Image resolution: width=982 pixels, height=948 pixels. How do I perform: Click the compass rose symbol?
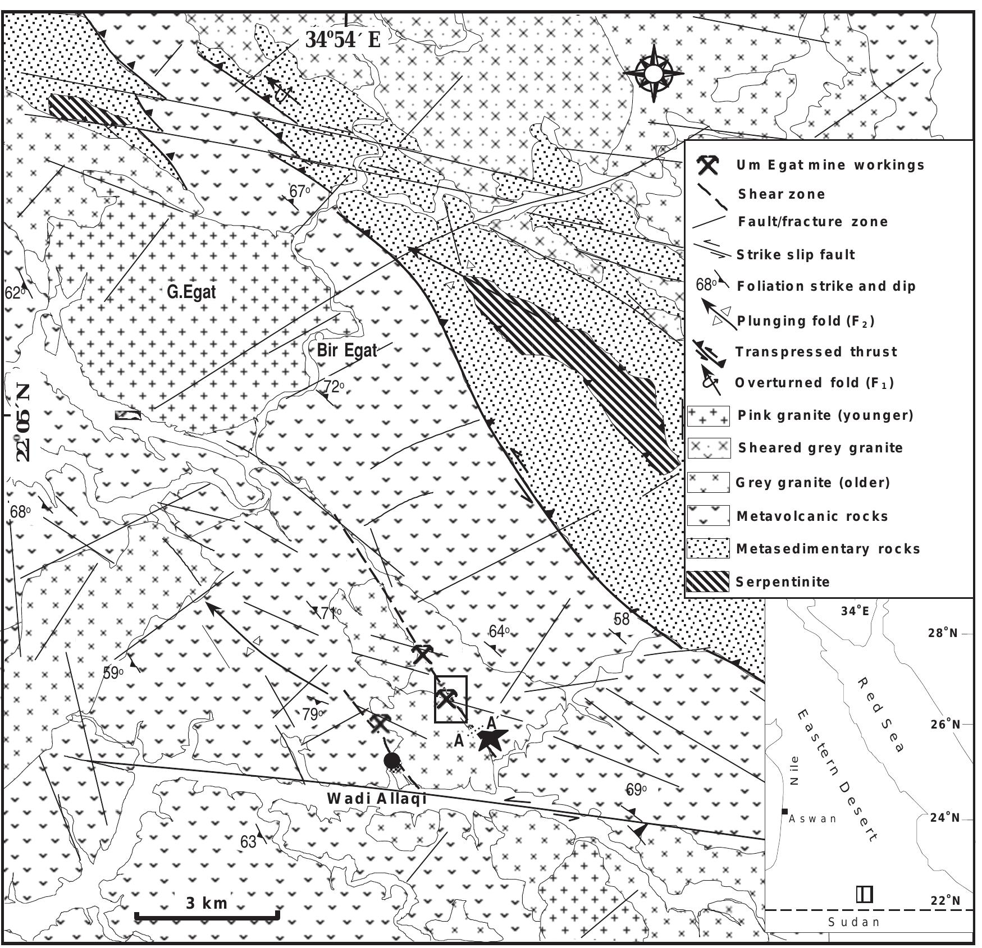[654, 73]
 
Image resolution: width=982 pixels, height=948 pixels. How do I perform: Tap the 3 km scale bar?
[207, 918]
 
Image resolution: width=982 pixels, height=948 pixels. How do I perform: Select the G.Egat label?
[191, 292]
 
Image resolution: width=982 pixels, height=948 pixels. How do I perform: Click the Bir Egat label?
[347, 351]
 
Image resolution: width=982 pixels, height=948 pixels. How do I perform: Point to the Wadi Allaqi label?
[377, 799]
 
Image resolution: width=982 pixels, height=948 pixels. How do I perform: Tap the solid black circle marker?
[392, 762]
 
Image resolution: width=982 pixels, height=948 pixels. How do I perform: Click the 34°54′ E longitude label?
[342, 39]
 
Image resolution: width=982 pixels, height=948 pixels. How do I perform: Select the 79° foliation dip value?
[313, 715]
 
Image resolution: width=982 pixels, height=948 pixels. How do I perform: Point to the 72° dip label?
[334, 386]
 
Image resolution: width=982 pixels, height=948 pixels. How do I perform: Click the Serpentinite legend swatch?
[708, 581]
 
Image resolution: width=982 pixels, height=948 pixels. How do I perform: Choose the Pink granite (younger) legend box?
[708, 416]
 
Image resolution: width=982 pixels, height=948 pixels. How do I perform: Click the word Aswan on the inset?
[812, 819]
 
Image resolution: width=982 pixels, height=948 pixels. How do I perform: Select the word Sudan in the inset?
[854, 938]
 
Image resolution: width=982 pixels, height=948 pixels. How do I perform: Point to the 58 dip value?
[622, 619]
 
